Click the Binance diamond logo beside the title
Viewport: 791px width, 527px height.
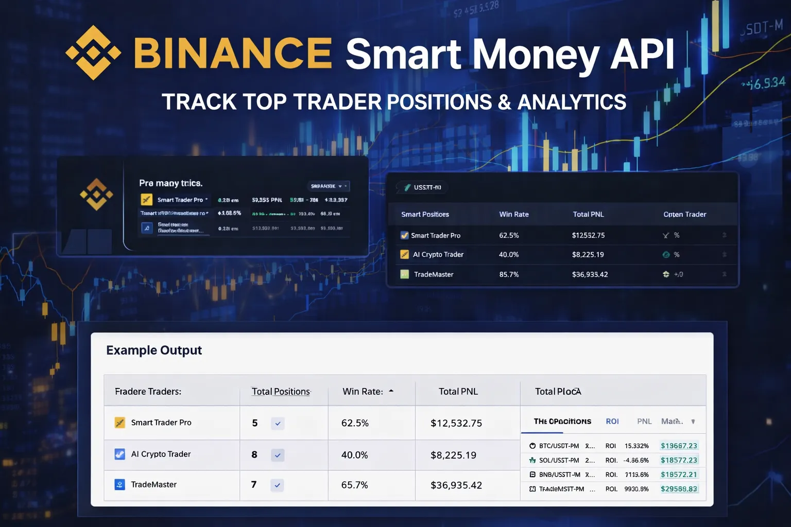pos(93,52)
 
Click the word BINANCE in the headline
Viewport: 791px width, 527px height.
pos(233,53)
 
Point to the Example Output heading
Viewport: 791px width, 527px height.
pos(154,350)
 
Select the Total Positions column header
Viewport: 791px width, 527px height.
pos(281,392)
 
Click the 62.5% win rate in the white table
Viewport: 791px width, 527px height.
pos(355,423)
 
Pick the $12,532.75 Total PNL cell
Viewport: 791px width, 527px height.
pos(456,423)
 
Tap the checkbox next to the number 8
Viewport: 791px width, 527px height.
pos(278,455)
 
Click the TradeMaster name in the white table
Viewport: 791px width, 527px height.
pos(153,485)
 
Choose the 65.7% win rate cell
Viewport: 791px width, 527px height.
pos(355,485)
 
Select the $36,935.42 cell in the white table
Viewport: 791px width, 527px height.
pos(456,485)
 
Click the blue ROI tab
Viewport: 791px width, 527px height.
pos(612,421)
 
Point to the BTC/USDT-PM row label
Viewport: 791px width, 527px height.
pos(559,446)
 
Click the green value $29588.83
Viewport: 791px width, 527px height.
pos(679,489)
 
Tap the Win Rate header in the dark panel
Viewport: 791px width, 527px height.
pos(514,215)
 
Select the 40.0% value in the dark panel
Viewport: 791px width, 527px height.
pos(509,255)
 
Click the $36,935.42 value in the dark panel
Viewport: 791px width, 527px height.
pos(590,275)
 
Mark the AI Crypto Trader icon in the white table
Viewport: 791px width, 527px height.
pos(119,454)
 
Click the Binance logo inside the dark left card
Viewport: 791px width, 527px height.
pos(96,195)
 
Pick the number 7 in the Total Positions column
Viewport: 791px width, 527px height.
pos(254,485)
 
